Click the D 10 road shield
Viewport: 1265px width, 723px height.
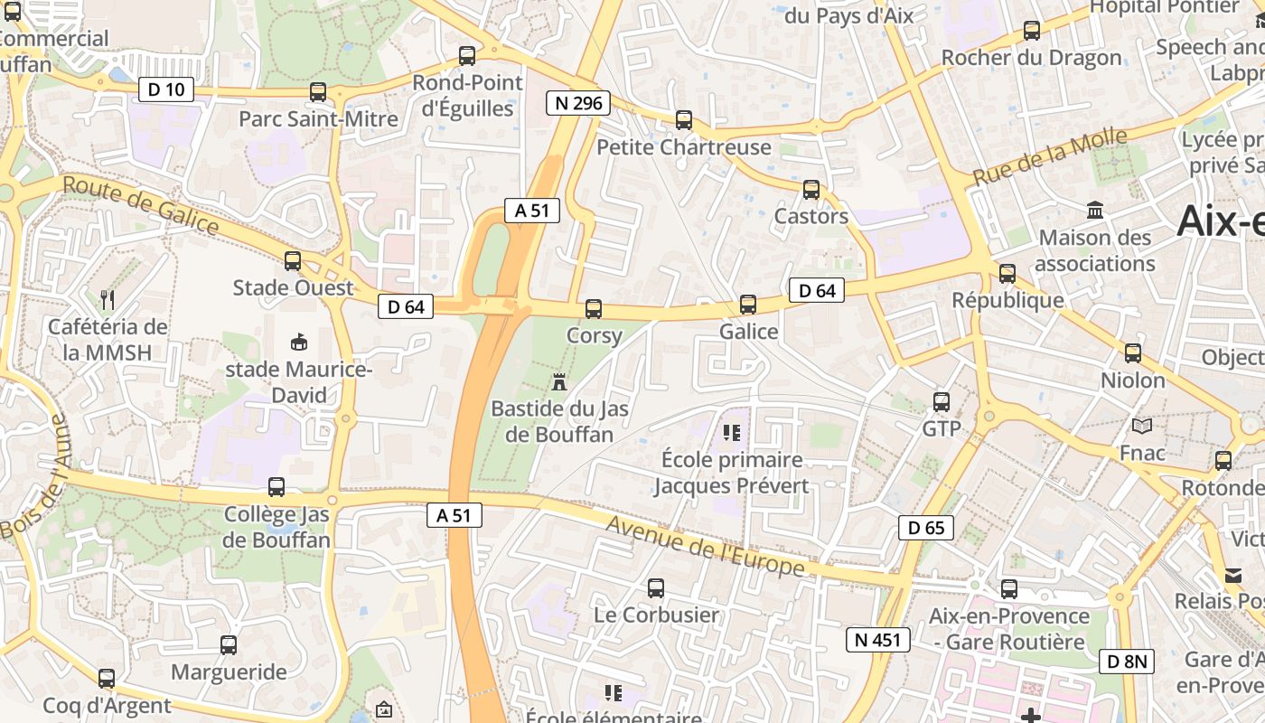[x=166, y=89]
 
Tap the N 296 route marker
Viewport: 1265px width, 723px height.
[x=578, y=103]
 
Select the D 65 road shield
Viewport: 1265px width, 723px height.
[x=926, y=528]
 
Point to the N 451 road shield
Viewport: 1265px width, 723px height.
[x=877, y=640]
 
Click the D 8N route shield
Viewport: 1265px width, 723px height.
[x=1127, y=662]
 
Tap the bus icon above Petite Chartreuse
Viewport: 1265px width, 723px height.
[x=684, y=120]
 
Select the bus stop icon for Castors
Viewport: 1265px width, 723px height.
[x=811, y=190]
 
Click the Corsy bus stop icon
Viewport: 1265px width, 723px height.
[x=594, y=309]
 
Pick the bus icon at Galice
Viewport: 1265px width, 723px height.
[x=748, y=305]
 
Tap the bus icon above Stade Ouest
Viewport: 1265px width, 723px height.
[x=293, y=261]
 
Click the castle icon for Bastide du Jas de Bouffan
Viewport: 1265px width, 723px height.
[x=559, y=382]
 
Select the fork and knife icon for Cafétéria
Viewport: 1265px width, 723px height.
[x=108, y=299]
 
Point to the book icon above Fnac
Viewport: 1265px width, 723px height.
[x=1142, y=426]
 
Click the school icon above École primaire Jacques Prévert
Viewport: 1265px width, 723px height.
[x=732, y=433]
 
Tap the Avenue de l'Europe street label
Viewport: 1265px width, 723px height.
[x=705, y=546]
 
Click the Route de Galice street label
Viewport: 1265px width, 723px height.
[x=141, y=205]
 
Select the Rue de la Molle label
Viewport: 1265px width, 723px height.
[x=1050, y=156]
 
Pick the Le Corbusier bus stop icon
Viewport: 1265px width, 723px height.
[x=656, y=588]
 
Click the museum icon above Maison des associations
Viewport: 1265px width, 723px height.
[x=1095, y=211]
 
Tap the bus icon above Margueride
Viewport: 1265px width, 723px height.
[x=229, y=645]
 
